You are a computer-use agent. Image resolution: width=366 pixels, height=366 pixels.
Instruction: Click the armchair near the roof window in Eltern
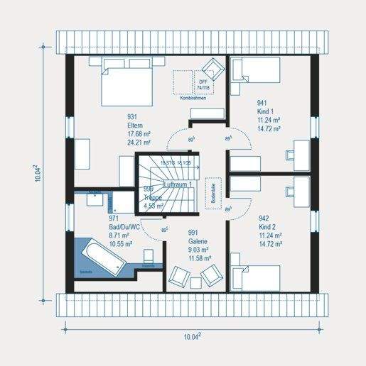click(x=212, y=70)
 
